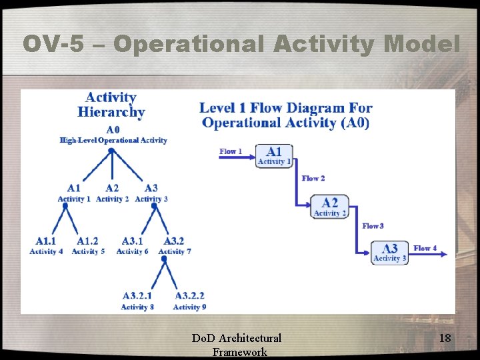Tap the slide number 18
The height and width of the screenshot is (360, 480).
click(x=445, y=339)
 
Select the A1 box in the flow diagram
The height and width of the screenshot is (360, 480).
click(x=274, y=155)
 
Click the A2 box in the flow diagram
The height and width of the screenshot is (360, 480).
click(x=329, y=207)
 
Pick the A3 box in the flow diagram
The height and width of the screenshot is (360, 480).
click(x=389, y=253)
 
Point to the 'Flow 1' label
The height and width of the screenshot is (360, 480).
click(x=231, y=151)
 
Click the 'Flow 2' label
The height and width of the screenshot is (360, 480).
click(x=313, y=178)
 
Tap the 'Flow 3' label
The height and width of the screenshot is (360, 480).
click(x=373, y=226)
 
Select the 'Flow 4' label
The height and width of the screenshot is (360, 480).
click(x=425, y=248)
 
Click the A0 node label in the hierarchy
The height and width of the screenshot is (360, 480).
click(x=112, y=129)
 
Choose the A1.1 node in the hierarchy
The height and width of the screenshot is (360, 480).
click(x=46, y=241)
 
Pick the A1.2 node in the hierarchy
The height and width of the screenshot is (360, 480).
click(x=87, y=241)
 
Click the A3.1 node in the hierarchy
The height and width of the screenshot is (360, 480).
click(x=132, y=241)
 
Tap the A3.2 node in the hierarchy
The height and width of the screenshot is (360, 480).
click(x=173, y=241)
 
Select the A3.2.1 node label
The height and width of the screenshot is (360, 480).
click(x=137, y=295)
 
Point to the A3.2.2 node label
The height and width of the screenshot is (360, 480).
click(x=189, y=295)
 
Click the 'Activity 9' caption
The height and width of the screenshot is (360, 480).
click(x=189, y=307)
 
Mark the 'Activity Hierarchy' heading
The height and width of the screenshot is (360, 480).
click(x=111, y=105)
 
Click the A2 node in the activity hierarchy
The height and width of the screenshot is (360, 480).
click(x=112, y=189)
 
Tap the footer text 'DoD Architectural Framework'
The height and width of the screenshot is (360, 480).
click(x=237, y=345)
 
